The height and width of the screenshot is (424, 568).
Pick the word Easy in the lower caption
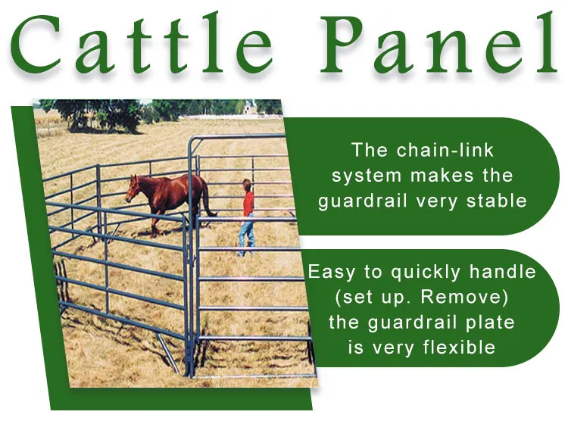click(x=332, y=272)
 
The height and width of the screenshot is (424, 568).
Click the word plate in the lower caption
click(x=492, y=322)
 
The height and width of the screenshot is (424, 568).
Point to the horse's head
click(x=132, y=186)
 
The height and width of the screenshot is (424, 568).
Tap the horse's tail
click(x=206, y=200)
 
